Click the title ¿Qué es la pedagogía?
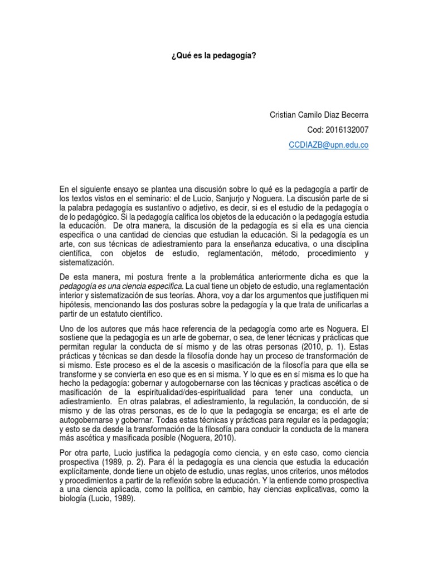pyautogui.click(x=213, y=56)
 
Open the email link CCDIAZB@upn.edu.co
pyautogui.click(x=328, y=144)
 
